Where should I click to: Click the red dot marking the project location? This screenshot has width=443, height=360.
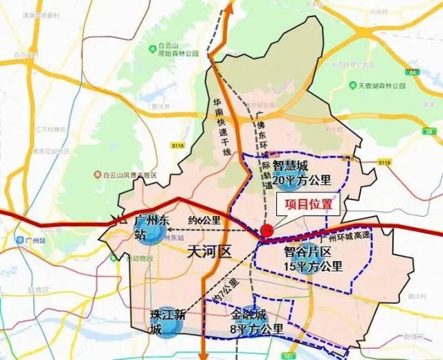tap(266, 232)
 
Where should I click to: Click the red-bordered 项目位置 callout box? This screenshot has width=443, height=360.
tap(305, 204)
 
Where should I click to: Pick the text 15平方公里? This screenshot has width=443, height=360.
tap(314, 267)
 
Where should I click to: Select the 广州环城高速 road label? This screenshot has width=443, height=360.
tap(336, 236)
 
